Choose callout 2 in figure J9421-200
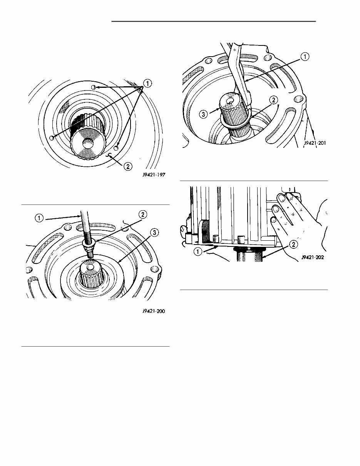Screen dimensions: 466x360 pyautogui.click(x=142, y=215)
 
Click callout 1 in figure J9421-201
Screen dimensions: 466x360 pyautogui.click(x=304, y=57)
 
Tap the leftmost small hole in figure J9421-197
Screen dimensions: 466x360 pyautogui.click(x=52, y=138)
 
